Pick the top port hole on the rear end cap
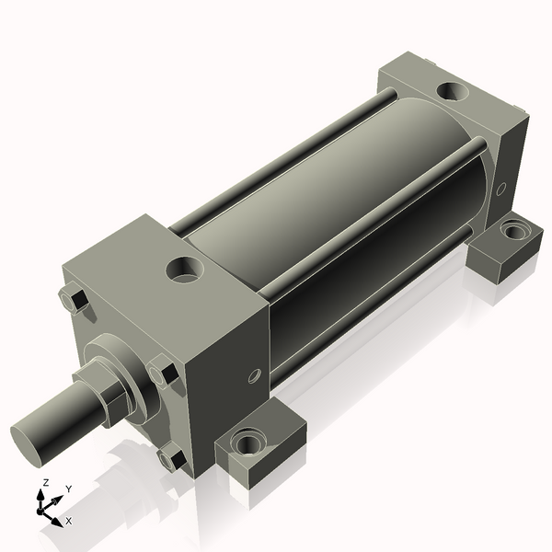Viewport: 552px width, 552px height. pos(452,92)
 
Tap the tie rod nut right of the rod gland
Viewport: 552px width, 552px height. pos(166,373)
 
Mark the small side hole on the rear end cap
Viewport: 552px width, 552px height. pos(501,189)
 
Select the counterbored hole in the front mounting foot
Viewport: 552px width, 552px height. pos(248,443)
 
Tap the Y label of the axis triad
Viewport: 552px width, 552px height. pos(68,490)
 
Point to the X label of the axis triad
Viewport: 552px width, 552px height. pos(68,521)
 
